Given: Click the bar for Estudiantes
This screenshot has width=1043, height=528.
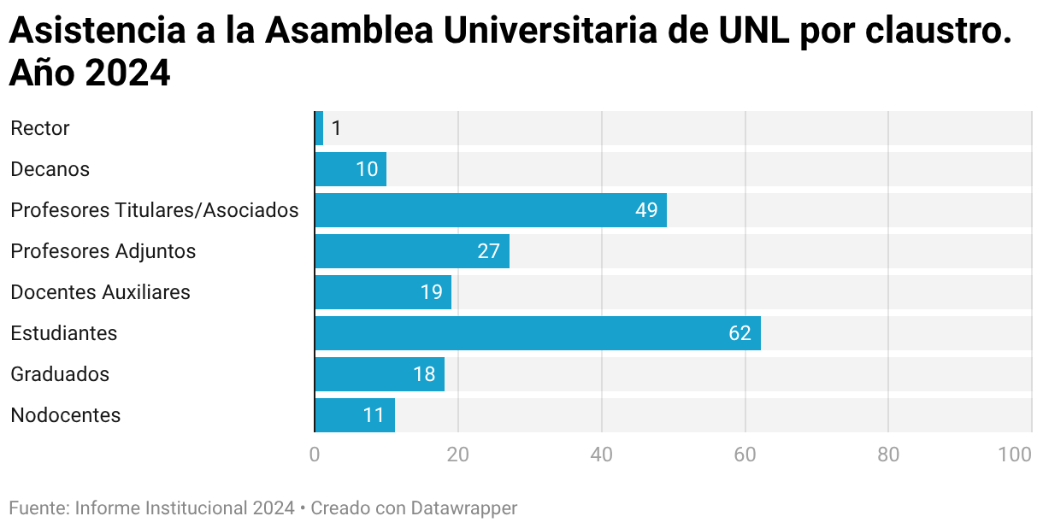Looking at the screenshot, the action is (538, 333).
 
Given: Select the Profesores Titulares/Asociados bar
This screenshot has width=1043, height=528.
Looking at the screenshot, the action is (491, 210).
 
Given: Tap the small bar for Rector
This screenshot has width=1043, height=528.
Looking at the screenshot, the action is (319, 128).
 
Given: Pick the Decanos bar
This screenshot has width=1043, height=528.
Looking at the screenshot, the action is (351, 169).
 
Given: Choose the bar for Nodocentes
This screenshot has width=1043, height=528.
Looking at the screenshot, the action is (355, 415).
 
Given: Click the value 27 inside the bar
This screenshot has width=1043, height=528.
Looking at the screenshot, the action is (488, 251).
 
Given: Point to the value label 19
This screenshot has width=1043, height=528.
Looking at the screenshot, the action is (431, 292).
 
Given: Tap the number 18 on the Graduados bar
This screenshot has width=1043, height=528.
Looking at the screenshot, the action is (424, 374).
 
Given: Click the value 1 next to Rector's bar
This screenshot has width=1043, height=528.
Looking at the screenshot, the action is (336, 128).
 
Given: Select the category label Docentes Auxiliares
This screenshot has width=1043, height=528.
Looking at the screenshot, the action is (101, 292).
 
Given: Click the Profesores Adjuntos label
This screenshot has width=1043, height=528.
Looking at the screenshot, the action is (103, 252).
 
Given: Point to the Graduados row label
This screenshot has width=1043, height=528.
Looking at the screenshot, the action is (60, 374).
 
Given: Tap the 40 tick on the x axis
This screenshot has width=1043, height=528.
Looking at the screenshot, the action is (602, 455).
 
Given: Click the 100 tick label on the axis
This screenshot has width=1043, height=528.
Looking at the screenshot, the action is (1015, 455).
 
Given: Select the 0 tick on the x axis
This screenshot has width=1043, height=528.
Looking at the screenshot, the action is (315, 455).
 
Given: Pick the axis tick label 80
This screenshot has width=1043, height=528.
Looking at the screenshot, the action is (888, 455).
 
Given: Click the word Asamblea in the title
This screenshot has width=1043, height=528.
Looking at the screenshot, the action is (349, 30).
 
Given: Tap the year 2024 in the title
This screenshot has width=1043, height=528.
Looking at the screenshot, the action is (127, 73).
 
